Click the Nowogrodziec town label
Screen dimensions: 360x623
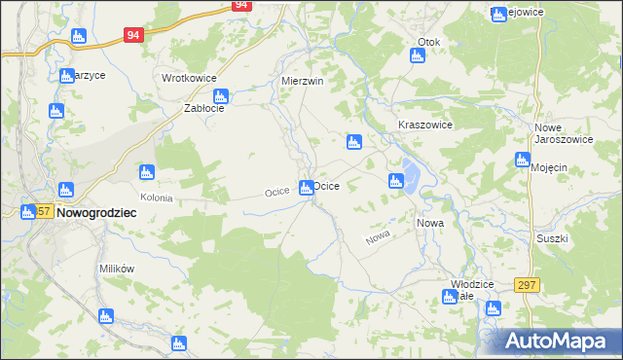pos(95,211)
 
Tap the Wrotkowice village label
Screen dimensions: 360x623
pos(189,78)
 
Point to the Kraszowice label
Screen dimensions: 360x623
pos(425,126)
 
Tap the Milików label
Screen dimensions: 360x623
pos(116,269)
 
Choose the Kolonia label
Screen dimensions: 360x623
pos(156,198)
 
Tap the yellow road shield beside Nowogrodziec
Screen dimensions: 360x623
pos(43,211)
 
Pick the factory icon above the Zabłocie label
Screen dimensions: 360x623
pos(221,95)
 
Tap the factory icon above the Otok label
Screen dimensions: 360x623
pos(417,55)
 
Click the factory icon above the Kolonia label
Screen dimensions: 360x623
pos(147,174)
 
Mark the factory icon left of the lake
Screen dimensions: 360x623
pos(395,181)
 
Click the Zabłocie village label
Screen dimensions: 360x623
pos(205,109)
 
